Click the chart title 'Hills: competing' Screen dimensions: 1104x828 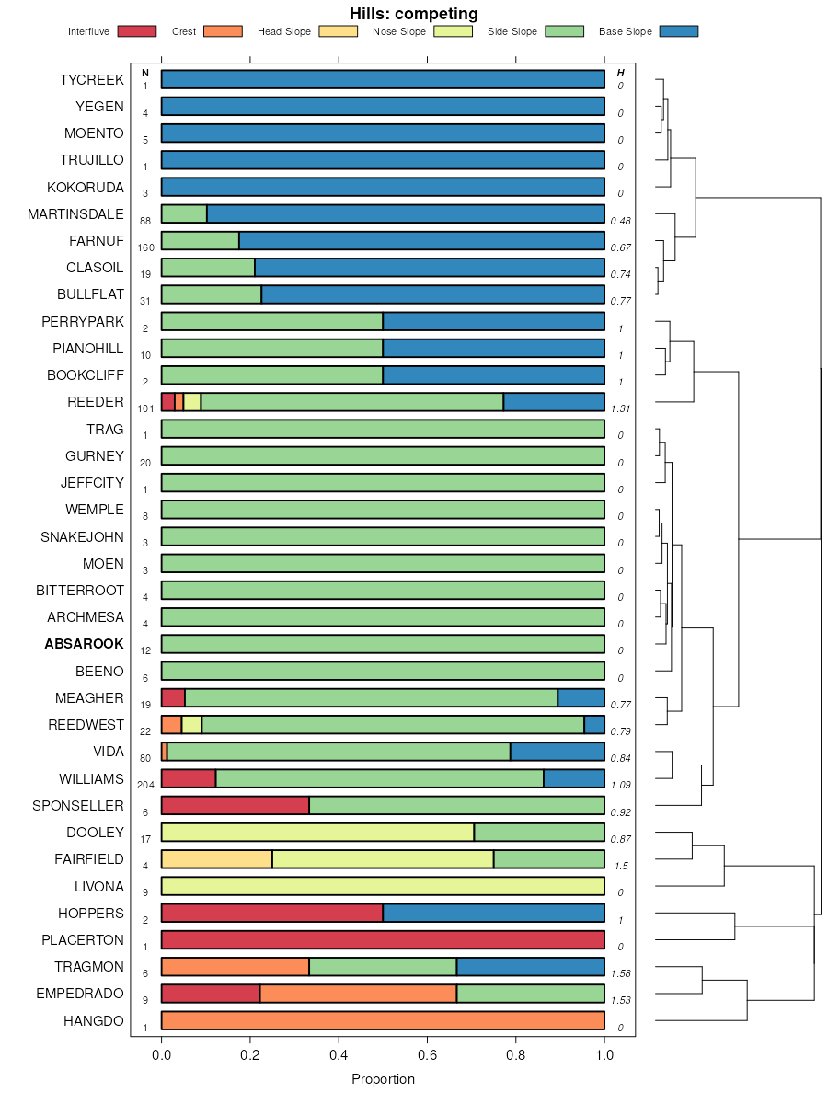coord(413,14)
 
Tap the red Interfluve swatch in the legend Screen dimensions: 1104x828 coord(137,31)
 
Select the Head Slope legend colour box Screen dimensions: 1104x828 coord(338,31)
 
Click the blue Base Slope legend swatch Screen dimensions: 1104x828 coord(679,31)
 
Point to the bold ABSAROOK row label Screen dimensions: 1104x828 coord(84,644)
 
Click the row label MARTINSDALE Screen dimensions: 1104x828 coord(75,214)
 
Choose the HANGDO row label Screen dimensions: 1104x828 coord(93,1020)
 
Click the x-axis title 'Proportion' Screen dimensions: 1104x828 coord(383,1079)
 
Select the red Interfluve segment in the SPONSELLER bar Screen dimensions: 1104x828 coord(235,806)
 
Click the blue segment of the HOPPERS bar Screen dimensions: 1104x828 coord(493,913)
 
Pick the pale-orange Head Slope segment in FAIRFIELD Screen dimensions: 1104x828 coord(216,859)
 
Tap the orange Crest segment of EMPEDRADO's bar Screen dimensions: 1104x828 coord(358,994)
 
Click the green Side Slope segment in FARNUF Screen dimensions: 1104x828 coord(200,241)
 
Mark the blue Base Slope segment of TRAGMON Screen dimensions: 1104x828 coord(530,967)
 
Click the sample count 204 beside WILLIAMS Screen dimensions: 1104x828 coord(145,786)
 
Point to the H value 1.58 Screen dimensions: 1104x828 coord(620,973)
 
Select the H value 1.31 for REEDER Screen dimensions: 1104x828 coord(620,408)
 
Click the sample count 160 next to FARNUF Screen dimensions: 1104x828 coord(145,247)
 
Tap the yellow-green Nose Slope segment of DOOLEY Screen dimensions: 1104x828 coord(317,833)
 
